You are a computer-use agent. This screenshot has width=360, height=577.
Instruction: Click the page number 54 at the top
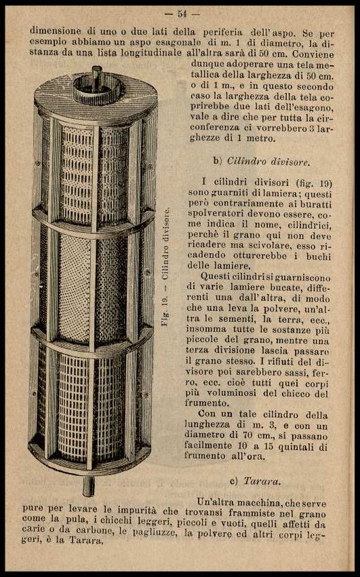click(183, 14)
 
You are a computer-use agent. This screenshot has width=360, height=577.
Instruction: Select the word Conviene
click(313, 54)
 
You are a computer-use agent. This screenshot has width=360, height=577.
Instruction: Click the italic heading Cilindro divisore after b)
click(268, 161)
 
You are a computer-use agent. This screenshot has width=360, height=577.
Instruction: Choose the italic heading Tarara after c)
click(262, 481)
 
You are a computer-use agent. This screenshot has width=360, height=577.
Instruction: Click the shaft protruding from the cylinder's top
click(97, 78)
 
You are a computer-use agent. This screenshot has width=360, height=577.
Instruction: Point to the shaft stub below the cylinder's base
click(88, 486)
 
